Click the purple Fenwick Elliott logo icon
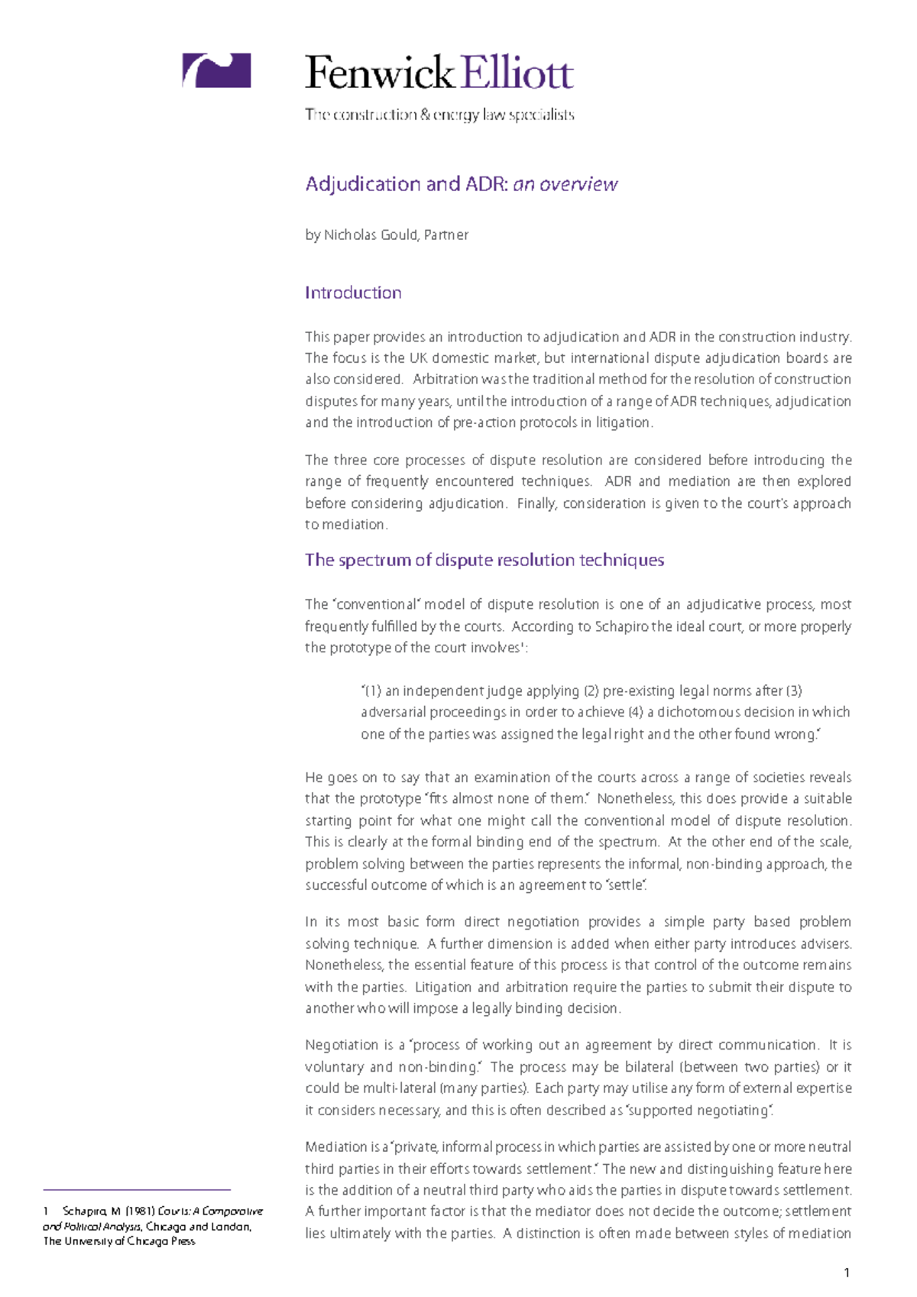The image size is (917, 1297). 216,70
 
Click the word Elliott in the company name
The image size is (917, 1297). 517,73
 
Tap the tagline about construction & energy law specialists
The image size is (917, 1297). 439,115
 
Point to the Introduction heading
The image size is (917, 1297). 353,293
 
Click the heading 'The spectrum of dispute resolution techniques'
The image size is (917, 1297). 484,560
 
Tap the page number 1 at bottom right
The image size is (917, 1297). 847,1272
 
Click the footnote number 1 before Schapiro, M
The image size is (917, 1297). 47,1211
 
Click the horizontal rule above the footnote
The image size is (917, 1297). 137,1189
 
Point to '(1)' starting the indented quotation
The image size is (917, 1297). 372,691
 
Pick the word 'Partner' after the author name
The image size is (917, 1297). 446,234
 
